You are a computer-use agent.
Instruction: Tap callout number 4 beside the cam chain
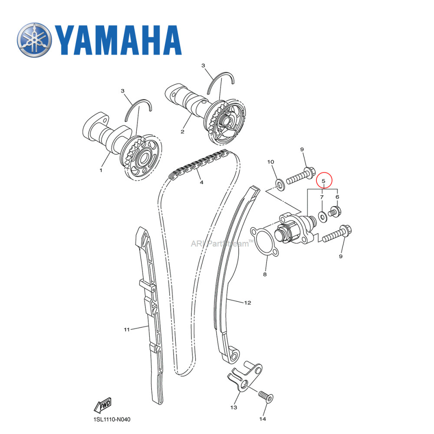coord(201,183)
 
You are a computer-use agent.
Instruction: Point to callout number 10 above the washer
coord(270,162)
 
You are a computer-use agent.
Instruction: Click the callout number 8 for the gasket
coord(265,274)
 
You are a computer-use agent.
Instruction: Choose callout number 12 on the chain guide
coord(247,302)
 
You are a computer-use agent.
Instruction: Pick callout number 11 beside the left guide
coord(126,329)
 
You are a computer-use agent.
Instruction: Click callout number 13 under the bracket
coord(233,407)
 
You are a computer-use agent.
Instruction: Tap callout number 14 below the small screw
coord(263,419)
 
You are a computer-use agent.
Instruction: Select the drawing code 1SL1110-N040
coord(112,420)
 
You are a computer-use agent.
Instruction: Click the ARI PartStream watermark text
coord(220,243)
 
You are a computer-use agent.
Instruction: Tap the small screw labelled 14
coord(264,396)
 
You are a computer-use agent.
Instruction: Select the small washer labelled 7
coord(322,215)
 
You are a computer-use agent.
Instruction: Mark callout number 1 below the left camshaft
coord(101,170)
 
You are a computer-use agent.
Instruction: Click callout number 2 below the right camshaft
coord(182,131)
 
